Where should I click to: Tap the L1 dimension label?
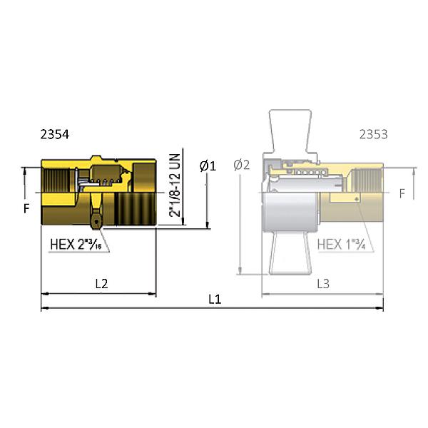pos(215,300)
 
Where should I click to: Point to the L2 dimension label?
pos(101,283)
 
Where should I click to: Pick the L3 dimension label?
pos(322,283)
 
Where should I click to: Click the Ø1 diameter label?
pos(208,165)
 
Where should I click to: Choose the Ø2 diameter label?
pos(242,165)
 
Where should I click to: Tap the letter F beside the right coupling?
pos(402,193)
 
